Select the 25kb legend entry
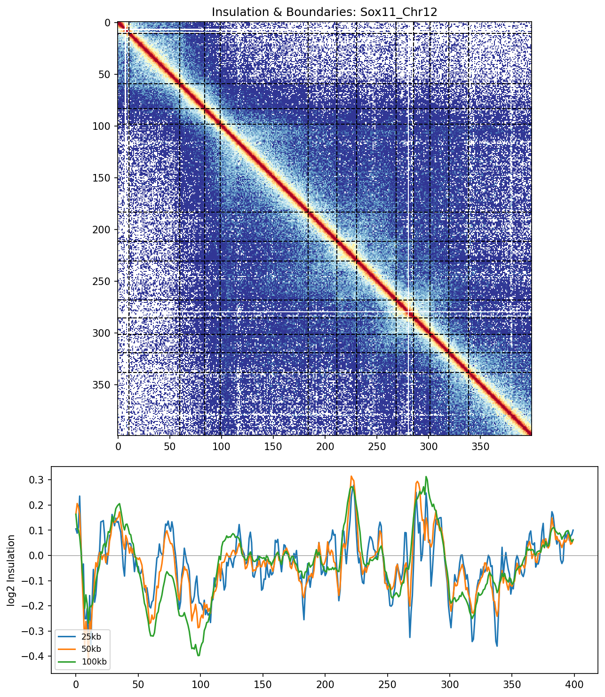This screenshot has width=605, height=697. click(90, 637)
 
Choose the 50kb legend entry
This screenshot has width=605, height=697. click(90, 649)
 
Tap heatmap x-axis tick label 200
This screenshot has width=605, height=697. click(325, 446)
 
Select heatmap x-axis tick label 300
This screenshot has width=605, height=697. click(428, 446)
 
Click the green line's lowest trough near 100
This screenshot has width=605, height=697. click(199, 656)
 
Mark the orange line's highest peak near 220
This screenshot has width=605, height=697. click(351, 476)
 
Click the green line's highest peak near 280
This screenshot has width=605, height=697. click(426, 477)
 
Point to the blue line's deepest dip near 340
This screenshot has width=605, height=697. click(497, 646)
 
